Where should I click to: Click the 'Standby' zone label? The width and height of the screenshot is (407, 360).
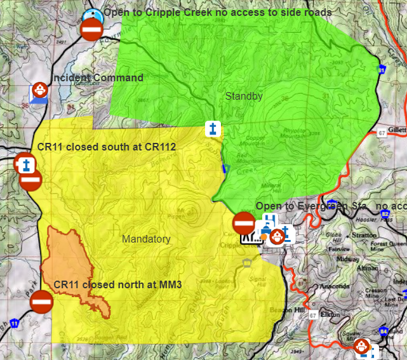tap(244, 97)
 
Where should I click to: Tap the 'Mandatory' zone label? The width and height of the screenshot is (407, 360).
tap(146, 239)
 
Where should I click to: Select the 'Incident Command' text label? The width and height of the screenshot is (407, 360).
tap(98, 78)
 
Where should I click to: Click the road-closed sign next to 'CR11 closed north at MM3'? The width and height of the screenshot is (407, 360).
tap(42, 301)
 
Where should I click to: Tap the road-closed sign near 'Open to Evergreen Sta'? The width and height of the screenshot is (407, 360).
tap(244, 223)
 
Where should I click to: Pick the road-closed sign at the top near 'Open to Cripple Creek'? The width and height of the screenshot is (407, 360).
tap(91, 29)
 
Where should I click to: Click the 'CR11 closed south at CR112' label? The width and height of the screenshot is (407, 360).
tap(107, 147)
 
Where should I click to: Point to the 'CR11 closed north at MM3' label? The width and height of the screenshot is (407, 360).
tap(118, 284)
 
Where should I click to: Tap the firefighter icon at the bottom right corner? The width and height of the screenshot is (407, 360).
tap(361, 346)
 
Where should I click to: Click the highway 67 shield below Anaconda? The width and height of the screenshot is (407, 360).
tap(313, 316)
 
